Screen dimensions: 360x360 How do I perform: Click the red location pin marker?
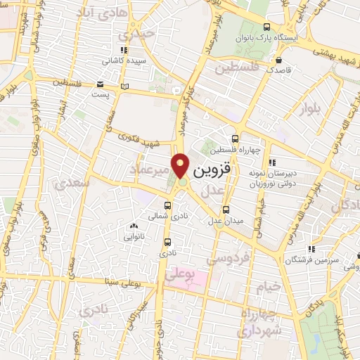click(x=181, y=165)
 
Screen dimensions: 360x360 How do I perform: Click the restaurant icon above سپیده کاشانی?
click(x=124, y=49)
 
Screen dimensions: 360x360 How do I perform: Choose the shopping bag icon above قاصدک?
click(x=280, y=60)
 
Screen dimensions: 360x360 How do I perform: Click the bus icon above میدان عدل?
click(x=226, y=209)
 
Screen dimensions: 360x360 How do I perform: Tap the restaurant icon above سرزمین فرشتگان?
click(x=311, y=248)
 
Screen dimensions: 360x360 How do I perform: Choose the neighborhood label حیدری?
click(x=136, y=34)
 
